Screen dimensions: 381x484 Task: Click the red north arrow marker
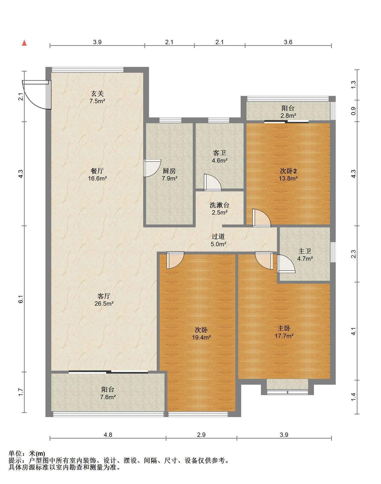(x=24, y=43)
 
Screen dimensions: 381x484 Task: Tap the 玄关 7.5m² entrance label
(x=97, y=97)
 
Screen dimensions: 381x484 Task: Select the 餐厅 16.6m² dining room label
(x=97, y=174)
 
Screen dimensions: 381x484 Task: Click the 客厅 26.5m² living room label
(x=104, y=299)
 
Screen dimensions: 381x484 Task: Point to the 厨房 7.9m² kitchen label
(x=169, y=174)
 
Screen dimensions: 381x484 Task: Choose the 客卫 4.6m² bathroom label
(x=220, y=156)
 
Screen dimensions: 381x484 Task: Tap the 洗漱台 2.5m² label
(x=220, y=208)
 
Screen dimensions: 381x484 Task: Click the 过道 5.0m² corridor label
(x=218, y=240)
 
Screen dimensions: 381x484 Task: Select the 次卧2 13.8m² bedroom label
(x=288, y=174)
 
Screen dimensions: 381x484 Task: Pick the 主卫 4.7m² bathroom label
(x=305, y=255)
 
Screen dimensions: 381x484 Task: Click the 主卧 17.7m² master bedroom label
(x=284, y=332)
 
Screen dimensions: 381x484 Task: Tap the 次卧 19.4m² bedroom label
(x=201, y=333)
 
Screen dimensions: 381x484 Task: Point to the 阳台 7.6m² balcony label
(x=108, y=393)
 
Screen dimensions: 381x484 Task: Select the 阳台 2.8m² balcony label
(x=288, y=112)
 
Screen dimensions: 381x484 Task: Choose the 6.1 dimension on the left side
(x=21, y=298)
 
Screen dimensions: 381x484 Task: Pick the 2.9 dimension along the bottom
(x=201, y=435)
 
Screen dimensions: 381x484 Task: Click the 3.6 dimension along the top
(x=288, y=42)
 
